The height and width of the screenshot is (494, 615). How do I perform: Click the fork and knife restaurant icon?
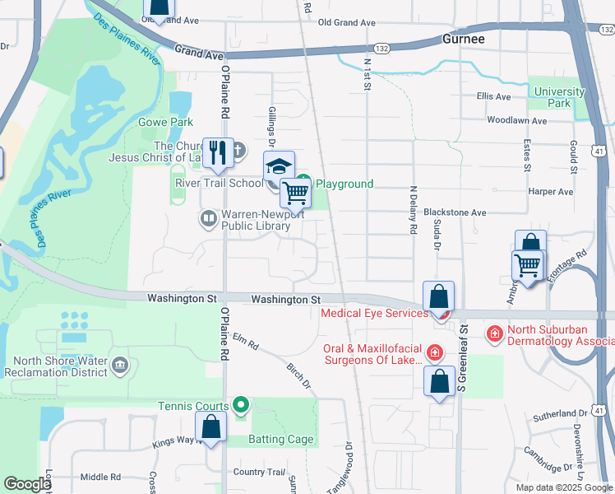tap(218, 152)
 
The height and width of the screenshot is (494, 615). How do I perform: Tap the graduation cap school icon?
tap(279, 166)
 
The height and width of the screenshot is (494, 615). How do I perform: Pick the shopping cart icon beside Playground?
tap(295, 193)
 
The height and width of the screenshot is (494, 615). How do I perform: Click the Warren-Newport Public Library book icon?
tap(209, 219)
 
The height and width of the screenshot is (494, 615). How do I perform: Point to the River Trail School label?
tap(218, 183)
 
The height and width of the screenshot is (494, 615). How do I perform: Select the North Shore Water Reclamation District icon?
tap(120, 365)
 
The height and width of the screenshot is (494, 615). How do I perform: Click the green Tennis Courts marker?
tap(241, 404)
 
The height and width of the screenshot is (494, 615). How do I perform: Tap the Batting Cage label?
tap(282, 439)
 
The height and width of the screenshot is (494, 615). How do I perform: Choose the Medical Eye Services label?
tap(374, 313)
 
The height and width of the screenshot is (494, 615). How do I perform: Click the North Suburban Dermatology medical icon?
tap(494, 333)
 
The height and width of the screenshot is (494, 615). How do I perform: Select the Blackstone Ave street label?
tap(455, 212)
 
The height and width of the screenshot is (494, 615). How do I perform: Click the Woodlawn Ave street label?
tap(516, 120)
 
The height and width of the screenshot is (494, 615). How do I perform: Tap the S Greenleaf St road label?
tap(463, 357)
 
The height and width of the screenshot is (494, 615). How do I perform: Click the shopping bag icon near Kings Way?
tap(211, 426)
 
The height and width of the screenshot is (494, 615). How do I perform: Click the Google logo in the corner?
tap(26, 484)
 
